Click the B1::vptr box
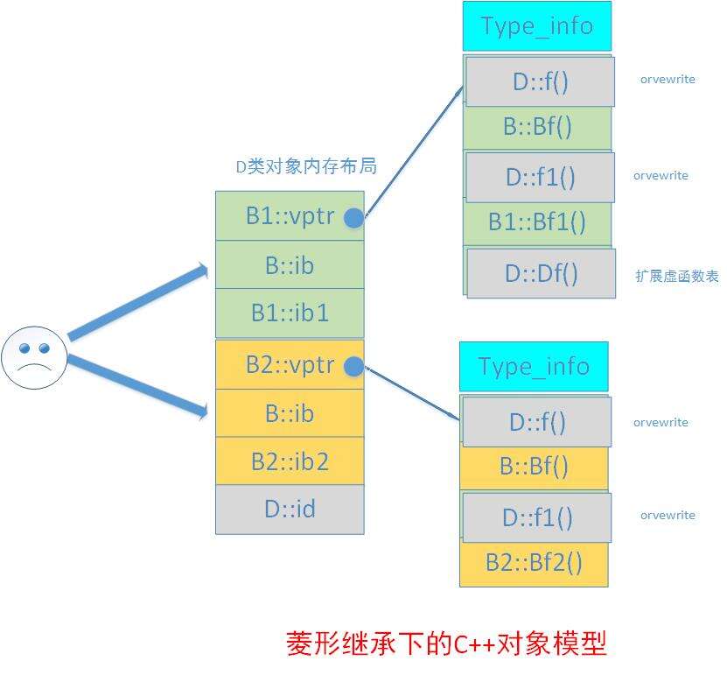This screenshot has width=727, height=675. [290, 215]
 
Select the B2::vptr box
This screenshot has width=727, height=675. [290, 364]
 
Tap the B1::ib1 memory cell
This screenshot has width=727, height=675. [290, 313]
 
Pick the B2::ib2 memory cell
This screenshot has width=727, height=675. [290, 461]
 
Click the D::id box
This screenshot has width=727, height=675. [290, 510]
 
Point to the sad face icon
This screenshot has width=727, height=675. [34, 358]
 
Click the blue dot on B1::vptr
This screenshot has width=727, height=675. [354, 218]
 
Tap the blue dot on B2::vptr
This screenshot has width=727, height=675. [354, 367]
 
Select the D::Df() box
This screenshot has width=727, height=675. [541, 273]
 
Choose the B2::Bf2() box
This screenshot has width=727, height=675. [534, 564]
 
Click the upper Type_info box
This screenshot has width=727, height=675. [537, 26]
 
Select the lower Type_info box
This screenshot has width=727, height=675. [534, 367]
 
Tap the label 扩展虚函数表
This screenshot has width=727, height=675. [677, 277]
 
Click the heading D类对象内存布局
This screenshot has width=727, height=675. [306, 166]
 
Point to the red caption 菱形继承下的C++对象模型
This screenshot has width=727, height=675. [446, 643]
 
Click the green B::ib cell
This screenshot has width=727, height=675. [290, 264]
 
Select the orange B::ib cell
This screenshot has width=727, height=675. [290, 413]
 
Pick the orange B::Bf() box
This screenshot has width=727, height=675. [534, 468]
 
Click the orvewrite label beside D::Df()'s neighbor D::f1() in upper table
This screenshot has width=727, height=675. [661, 176]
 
